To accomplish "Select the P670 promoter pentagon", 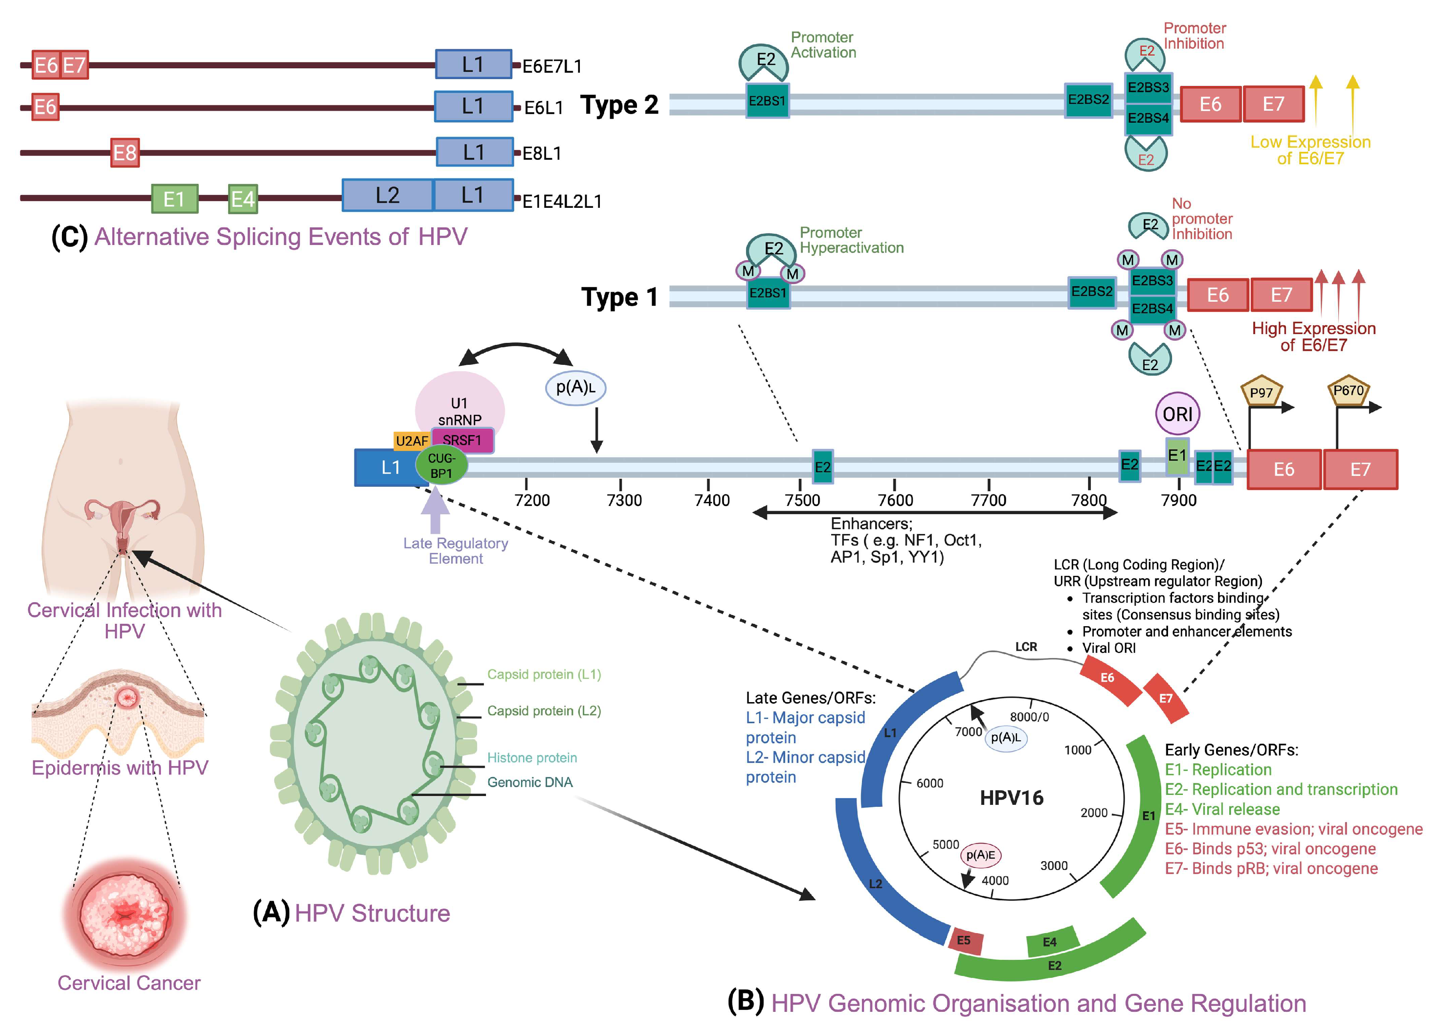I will point(1348,390).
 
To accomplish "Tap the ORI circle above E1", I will point(1177,414).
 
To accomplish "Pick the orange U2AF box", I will point(411,441).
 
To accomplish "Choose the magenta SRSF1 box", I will point(462,440).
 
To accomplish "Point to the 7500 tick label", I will point(802,500).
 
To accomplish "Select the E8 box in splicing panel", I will point(124,152).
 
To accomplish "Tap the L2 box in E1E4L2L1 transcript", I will point(387,195).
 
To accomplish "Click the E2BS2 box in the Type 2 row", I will point(1088,100).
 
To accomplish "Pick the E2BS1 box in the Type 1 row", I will point(768,293).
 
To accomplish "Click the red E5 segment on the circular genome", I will point(965,941).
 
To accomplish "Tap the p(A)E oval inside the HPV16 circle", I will point(981,855).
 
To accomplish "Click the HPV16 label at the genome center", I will point(1011,798).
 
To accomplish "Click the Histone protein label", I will point(531,757).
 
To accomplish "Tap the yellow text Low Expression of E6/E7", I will point(1310,150).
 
